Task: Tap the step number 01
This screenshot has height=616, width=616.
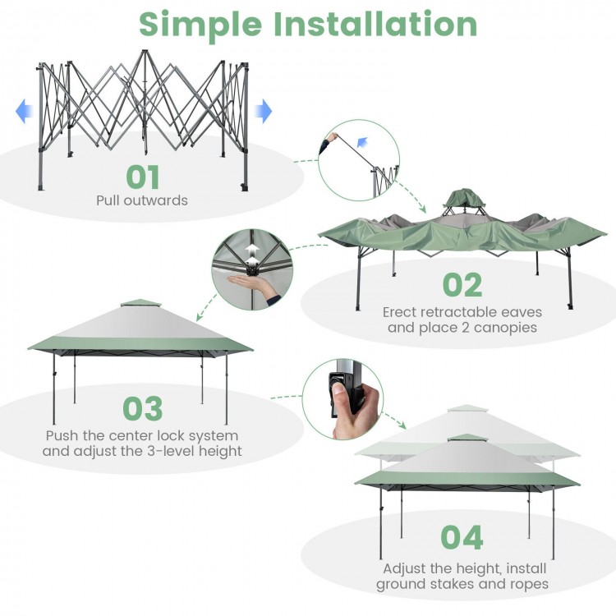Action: coord(143,177)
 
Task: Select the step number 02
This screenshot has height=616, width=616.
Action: coord(462,284)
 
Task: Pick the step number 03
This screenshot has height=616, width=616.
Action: coord(143,409)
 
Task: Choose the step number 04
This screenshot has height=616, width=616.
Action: coord(462,537)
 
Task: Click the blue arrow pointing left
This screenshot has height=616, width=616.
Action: coord(24,110)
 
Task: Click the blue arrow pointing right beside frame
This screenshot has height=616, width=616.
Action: coord(263,110)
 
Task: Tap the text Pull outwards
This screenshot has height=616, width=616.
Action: coord(142,200)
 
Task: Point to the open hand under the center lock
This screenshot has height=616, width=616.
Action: coord(257,287)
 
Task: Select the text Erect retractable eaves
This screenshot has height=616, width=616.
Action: coord(455,312)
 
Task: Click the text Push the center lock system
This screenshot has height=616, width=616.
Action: coord(142,435)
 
